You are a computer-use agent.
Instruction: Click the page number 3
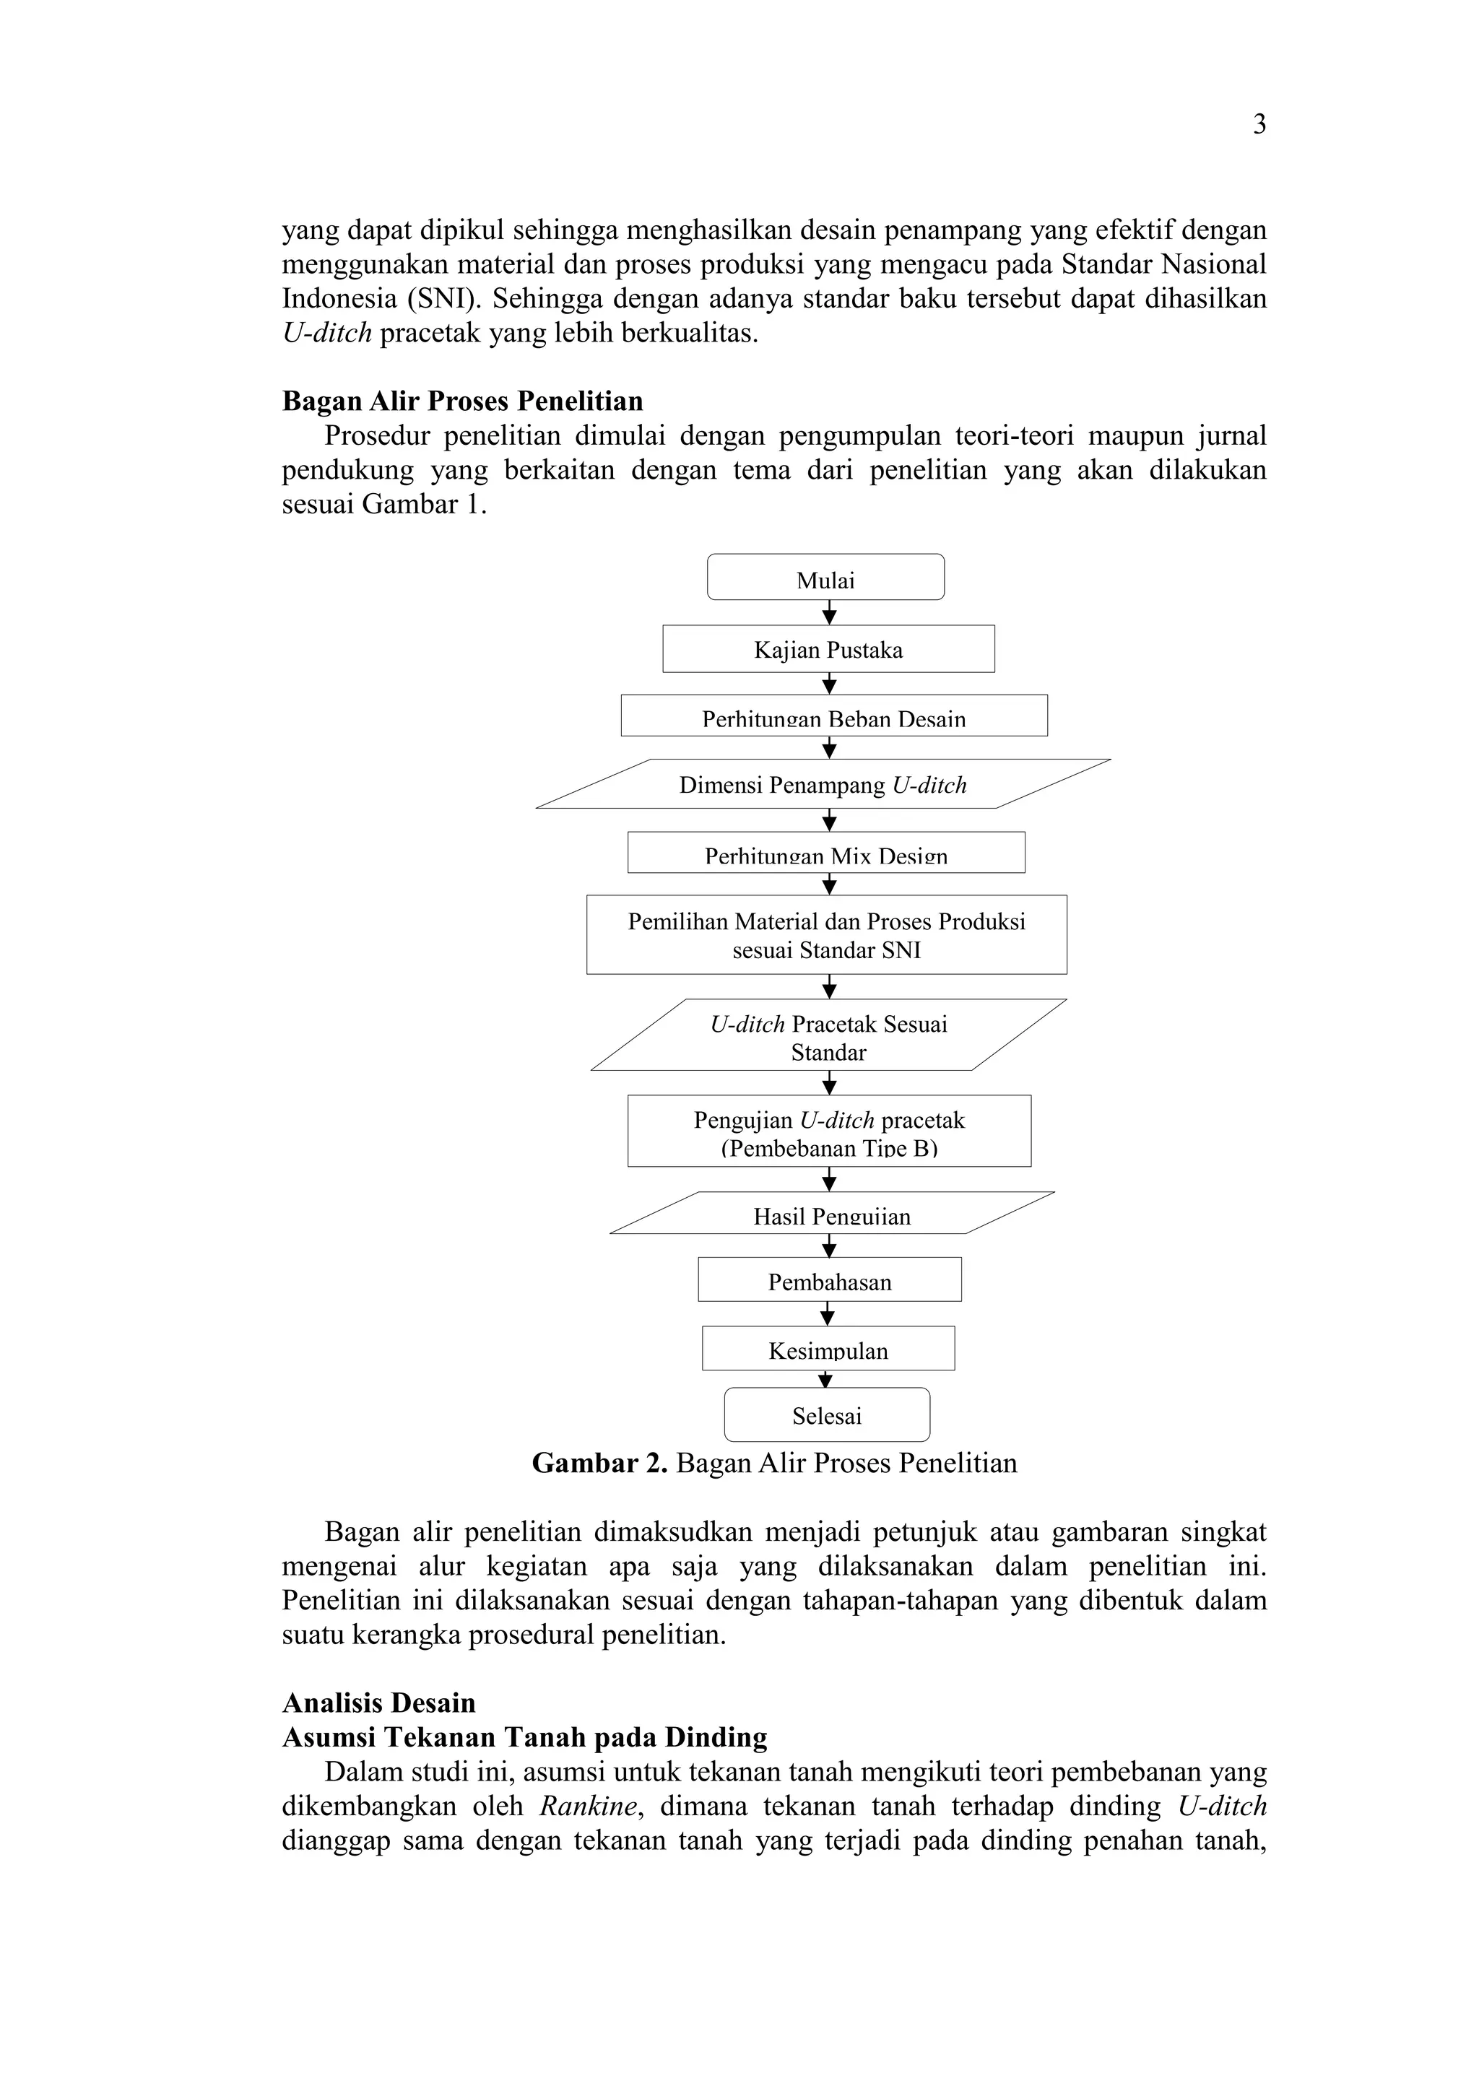1259,125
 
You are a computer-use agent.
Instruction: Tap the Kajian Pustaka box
828,649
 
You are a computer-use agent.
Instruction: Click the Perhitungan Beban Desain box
833,716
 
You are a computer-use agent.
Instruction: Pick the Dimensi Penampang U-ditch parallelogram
823,784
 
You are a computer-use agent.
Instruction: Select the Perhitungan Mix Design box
826,853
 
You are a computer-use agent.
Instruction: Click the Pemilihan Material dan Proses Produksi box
826,934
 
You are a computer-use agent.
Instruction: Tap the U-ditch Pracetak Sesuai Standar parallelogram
828,1036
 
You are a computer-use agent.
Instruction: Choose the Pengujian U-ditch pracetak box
829,1131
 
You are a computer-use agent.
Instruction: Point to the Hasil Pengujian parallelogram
831,1214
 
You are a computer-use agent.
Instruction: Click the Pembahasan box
829,1280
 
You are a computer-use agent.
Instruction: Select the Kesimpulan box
828,1349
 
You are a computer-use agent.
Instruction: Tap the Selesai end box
826,1415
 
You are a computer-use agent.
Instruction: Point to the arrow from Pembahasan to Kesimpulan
827,1314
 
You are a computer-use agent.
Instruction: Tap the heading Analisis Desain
379,1703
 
